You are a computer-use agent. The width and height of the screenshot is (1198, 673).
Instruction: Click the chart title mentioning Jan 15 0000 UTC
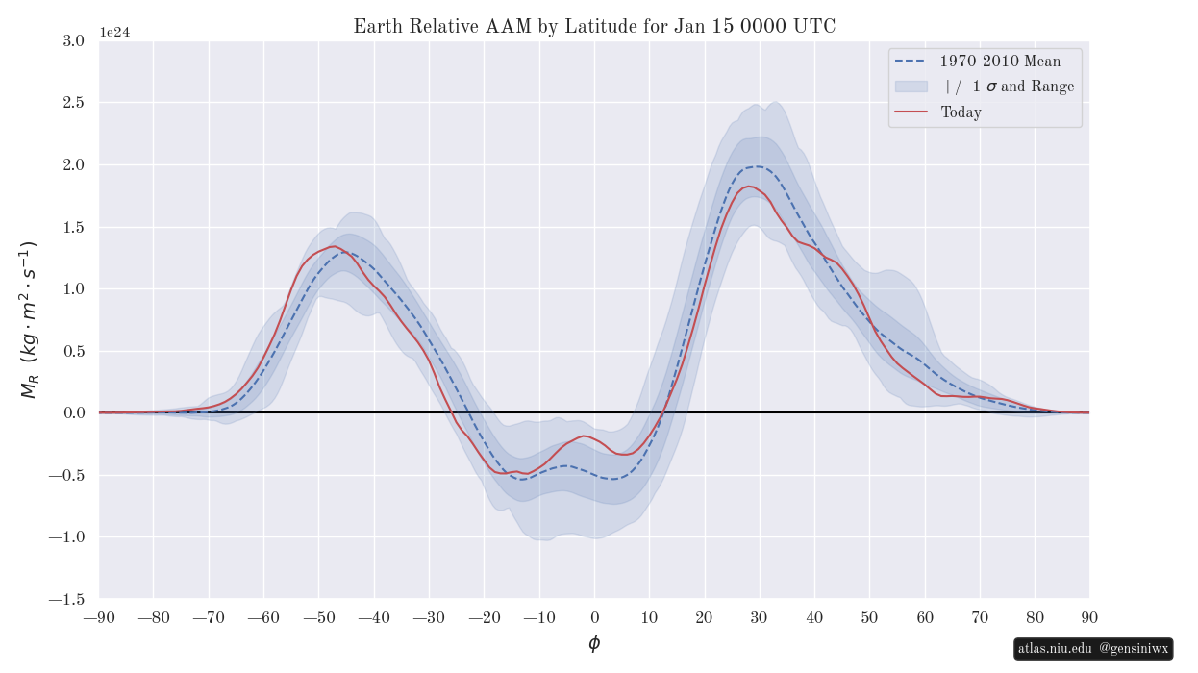(x=594, y=27)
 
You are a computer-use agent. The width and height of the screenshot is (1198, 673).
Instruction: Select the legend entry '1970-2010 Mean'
(x=1000, y=62)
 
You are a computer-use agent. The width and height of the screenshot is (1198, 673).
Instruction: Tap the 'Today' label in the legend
(x=961, y=112)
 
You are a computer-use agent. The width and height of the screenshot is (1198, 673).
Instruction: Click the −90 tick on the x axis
(x=99, y=617)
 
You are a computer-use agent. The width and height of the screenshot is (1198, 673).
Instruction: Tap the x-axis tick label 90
(x=1089, y=617)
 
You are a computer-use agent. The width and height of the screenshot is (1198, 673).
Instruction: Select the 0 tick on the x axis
(x=594, y=617)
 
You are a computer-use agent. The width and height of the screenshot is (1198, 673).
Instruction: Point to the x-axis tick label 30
(x=760, y=617)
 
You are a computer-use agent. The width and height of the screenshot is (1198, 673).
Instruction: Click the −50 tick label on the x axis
(x=319, y=617)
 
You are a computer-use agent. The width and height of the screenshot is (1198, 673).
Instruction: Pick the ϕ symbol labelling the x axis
(x=594, y=644)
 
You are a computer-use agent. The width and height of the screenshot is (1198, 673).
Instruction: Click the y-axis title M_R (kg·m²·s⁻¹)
(x=29, y=320)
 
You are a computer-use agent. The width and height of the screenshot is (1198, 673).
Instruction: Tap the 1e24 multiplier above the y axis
(x=114, y=32)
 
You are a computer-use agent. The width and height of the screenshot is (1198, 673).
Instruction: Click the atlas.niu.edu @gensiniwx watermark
(x=1093, y=649)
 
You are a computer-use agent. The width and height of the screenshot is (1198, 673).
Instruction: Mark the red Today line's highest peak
(x=749, y=187)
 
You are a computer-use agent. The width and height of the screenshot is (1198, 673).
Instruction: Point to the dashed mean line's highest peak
(x=758, y=166)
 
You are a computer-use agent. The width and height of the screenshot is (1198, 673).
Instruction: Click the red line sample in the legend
(x=911, y=112)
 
